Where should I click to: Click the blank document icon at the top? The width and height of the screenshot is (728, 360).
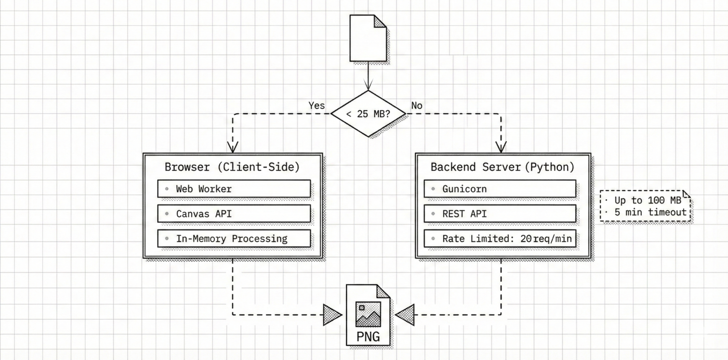(368, 38)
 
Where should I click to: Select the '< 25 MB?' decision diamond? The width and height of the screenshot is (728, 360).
(368, 114)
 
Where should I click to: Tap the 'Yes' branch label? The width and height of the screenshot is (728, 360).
(317, 106)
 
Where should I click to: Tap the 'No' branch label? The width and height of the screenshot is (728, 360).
(417, 106)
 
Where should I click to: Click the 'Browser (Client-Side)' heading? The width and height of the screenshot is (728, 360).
(232, 167)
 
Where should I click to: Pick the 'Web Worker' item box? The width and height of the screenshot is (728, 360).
(234, 189)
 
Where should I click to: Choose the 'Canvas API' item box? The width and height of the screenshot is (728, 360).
(234, 213)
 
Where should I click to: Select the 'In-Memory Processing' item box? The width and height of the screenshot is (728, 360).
(234, 238)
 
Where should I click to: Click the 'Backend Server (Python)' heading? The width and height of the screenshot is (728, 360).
(502, 167)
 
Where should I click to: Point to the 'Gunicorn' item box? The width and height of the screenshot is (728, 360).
(500, 189)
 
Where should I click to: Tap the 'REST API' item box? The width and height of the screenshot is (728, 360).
(500, 213)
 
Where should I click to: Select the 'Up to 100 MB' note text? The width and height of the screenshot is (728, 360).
(647, 200)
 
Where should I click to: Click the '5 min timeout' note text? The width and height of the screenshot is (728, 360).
(650, 212)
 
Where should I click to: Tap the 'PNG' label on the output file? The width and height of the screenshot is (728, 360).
(368, 337)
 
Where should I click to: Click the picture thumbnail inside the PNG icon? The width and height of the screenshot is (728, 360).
(368, 314)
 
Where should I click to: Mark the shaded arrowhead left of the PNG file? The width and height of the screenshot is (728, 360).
(332, 314)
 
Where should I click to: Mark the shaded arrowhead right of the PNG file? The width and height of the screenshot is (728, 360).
(405, 314)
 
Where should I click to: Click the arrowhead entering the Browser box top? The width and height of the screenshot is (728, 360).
(233, 147)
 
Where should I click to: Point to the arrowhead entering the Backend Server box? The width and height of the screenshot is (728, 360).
(501, 147)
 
